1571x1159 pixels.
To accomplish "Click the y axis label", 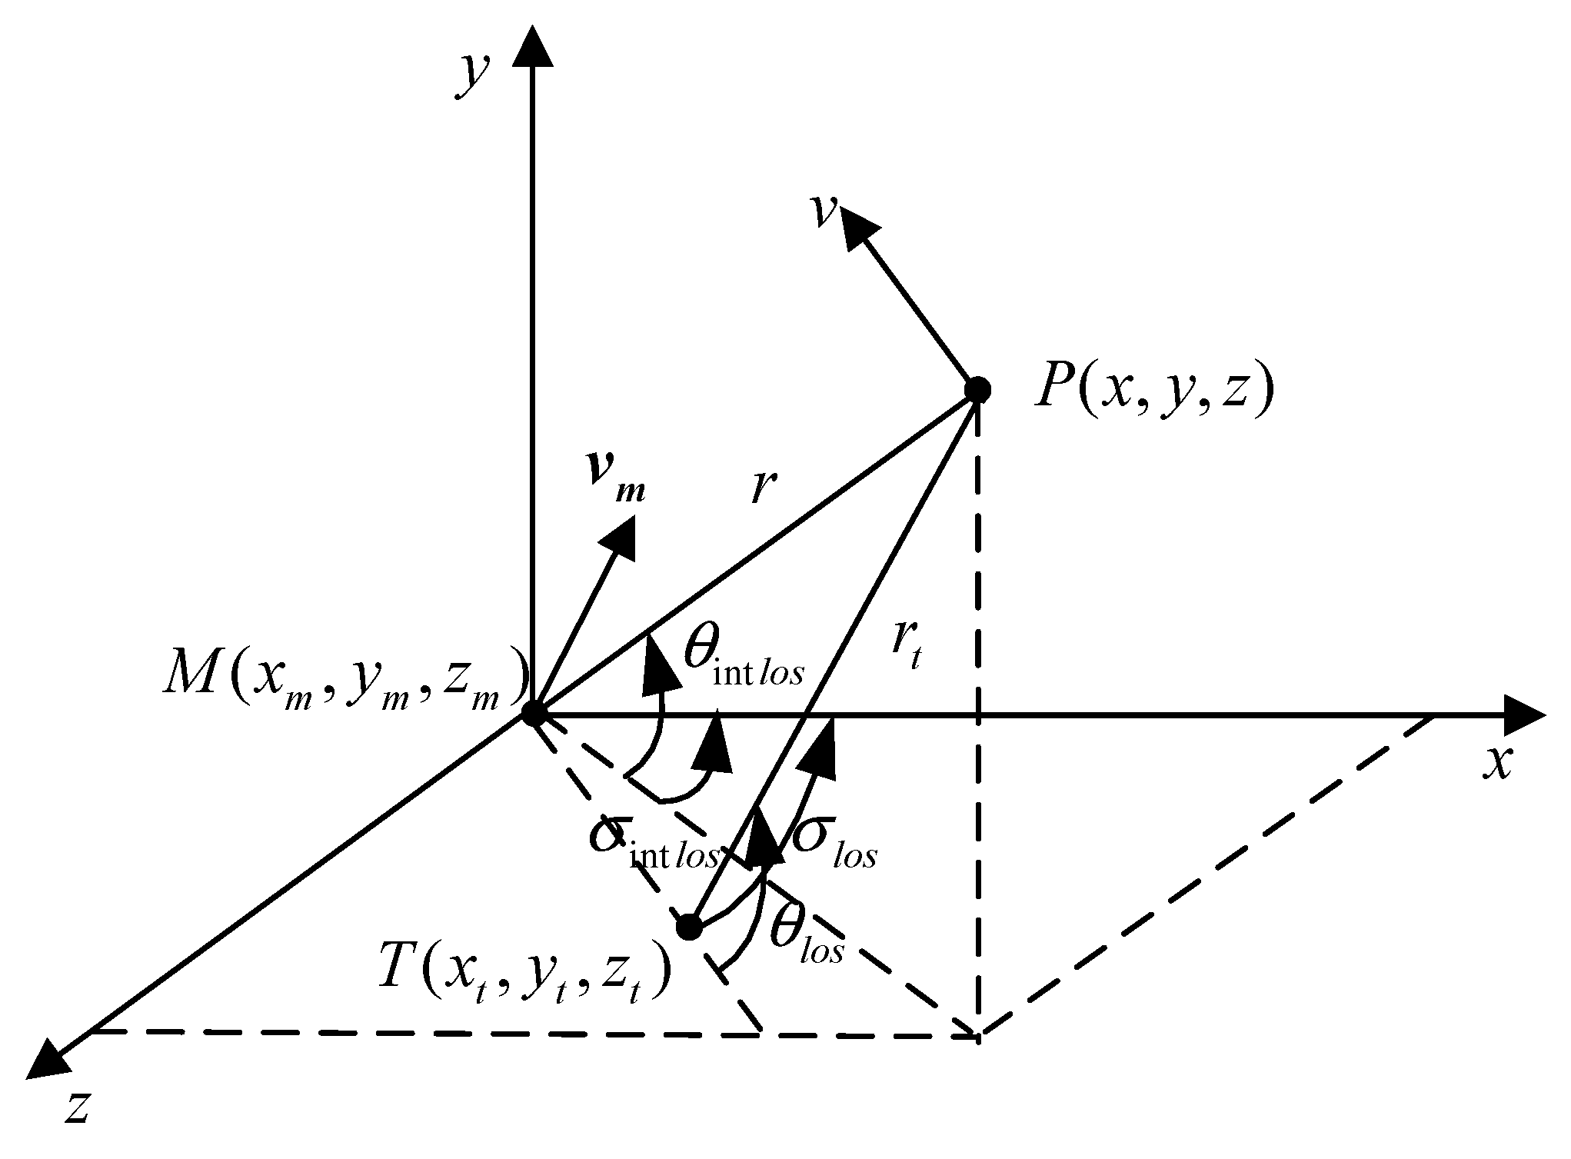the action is [472, 77].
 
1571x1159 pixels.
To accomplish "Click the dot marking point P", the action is [977, 389].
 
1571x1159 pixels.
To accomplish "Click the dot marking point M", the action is [532, 714].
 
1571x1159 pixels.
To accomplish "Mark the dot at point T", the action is [689, 928].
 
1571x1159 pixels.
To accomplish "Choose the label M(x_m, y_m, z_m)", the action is [346, 677].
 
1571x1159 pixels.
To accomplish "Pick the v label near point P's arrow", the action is [824, 213].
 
